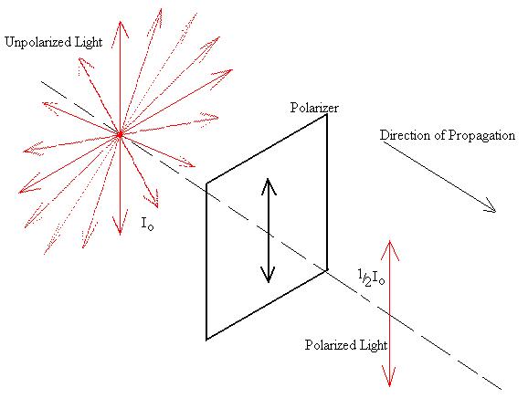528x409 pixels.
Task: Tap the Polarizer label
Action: (x=314, y=108)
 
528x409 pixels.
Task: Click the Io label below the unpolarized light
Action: (x=147, y=223)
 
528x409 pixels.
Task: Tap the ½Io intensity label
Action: (x=371, y=278)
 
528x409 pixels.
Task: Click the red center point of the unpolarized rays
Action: (x=120, y=134)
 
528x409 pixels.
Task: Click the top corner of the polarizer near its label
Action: (x=327, y=115)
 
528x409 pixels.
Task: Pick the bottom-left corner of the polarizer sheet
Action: (x=206, y=340)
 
